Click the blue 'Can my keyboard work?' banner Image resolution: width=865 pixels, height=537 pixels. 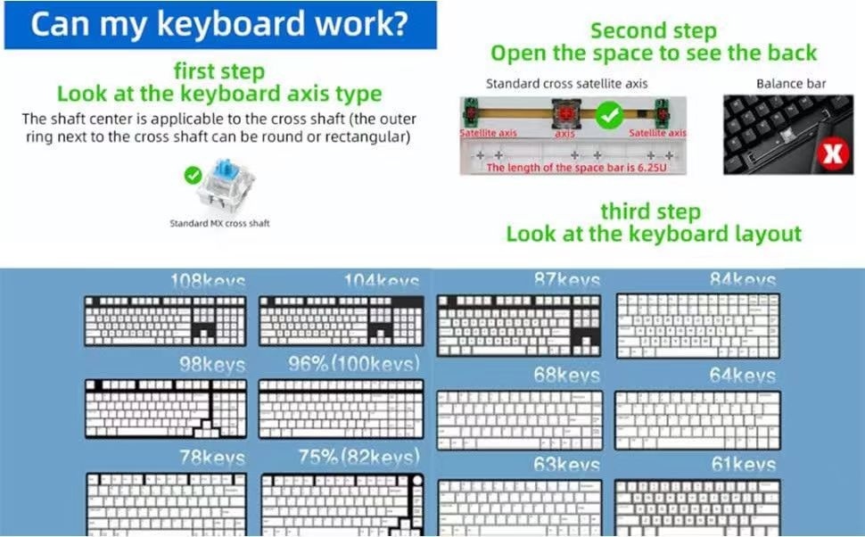[x=218, y=25]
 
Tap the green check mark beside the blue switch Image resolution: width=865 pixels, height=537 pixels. [x=192, y=176]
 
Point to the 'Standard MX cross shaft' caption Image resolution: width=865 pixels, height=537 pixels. [x=219, y=223]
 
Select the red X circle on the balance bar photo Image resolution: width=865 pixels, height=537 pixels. [x=833, y=155]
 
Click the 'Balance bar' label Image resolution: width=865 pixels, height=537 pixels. [x=790, y=84]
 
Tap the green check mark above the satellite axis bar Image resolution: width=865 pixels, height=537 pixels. [x=608, y=114]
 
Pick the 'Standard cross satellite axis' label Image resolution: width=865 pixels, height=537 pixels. [x=566, y=84]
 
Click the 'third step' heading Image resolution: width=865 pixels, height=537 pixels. [x=650, y=212]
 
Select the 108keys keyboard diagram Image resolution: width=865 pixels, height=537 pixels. [x=164, y=321]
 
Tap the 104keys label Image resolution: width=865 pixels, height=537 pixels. [x=381, y=282]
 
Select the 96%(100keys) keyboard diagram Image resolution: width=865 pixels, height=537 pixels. [x=341, y=409]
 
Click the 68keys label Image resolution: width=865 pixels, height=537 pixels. [x=566, y=376]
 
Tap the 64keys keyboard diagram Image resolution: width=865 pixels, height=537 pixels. [x=697, y=419]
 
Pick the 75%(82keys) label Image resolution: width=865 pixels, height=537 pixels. [x=358, y=458]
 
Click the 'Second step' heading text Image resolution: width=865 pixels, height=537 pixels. [x=653, y=31]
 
